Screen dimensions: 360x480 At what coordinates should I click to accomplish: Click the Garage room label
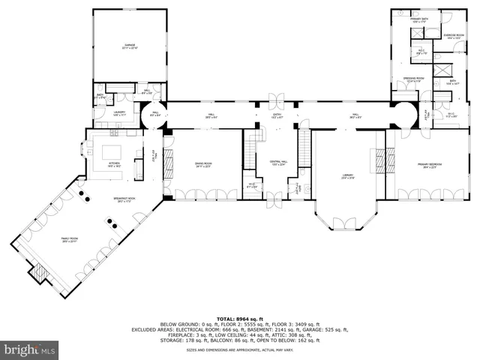130,46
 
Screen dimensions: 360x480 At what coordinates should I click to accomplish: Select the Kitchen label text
114,163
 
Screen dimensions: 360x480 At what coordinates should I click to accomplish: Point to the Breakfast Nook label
121,199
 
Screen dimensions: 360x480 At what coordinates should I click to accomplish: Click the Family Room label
69,239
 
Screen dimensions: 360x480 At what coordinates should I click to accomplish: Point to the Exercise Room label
452,36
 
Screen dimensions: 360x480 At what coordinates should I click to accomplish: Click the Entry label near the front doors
277,115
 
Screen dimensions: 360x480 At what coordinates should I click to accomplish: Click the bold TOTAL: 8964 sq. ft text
240,319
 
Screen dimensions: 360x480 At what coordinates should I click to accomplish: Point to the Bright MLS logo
30,349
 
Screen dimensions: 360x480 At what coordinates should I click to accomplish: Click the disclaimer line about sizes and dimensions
240,350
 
